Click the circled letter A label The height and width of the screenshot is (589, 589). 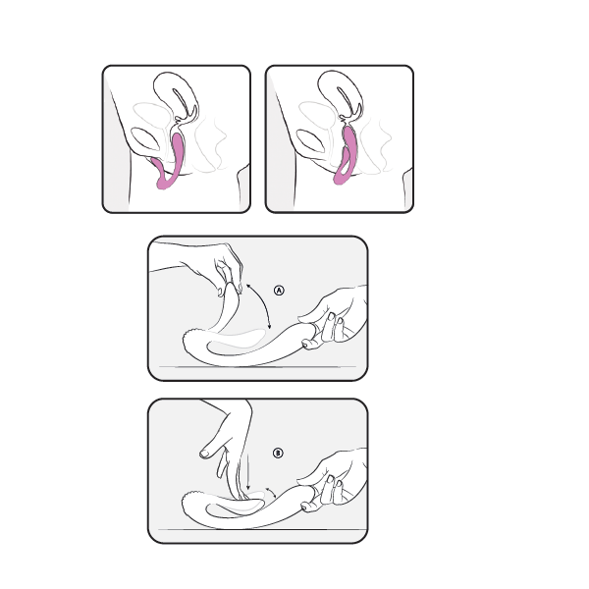coord(279,290)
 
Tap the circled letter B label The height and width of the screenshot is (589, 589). coord(278,453)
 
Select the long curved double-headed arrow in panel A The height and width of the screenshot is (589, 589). coord(263,303)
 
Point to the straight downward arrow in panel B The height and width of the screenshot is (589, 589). coord(247,472)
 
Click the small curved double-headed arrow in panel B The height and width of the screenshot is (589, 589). coord(272,492)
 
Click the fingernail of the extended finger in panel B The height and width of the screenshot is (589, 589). coord(205,454)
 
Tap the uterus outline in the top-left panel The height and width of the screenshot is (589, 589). coord(176,96)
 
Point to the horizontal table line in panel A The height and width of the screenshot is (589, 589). coord(257,366)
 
